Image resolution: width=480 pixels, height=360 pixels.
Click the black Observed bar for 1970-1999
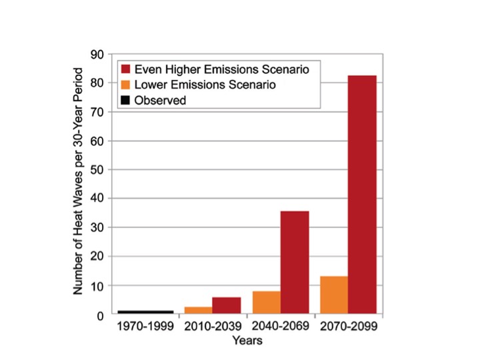146,312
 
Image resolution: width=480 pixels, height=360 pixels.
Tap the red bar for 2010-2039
227,306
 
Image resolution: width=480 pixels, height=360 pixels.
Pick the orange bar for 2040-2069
267,303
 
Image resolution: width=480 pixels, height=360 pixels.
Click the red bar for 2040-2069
295,263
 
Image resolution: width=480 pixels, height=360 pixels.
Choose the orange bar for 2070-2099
334,295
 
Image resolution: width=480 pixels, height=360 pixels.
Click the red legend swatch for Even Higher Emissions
125,69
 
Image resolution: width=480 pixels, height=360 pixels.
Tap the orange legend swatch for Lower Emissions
125,85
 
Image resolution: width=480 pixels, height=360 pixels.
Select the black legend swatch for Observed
125,101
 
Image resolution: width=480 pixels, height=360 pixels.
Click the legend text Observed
160,101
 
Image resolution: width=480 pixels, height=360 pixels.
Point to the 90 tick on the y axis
101,54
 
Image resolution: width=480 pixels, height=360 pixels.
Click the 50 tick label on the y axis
101,170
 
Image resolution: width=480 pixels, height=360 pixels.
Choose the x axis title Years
247,341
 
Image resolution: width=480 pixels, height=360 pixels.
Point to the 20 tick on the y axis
101,257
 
